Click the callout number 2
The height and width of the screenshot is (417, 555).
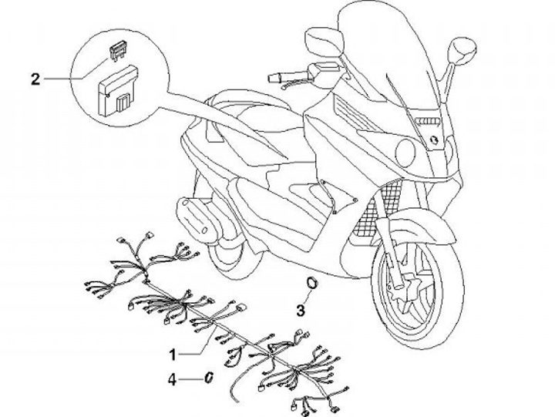(34, 77)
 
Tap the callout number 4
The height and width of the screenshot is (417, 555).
(174, 378)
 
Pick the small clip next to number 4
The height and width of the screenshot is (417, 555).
(208, 378)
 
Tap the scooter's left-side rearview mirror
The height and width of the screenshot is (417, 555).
(318, 36)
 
